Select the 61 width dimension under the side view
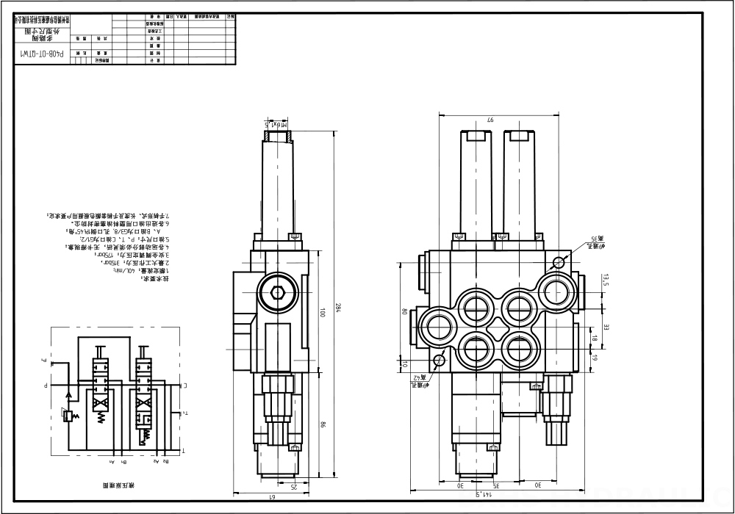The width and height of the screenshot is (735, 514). pos(270,497)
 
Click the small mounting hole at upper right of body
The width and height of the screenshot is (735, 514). pos(559,262)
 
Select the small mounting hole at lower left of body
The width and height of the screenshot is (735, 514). pos(440,360)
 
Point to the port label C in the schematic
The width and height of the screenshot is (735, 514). pos(184,384)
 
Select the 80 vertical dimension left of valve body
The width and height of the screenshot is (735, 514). pos(404,311)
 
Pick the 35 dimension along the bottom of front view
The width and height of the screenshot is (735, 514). pos(497,485)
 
